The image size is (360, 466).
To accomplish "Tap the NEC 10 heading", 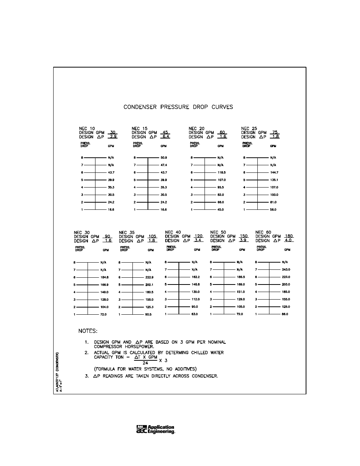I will [87, 129].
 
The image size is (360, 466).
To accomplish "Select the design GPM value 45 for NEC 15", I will [165, 132].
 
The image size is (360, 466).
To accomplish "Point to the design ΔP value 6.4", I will [166, 137].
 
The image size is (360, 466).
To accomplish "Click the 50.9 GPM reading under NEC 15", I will [163, 158].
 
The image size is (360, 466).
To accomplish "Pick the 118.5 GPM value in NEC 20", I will [221, 172].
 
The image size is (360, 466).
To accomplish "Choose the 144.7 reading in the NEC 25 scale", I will [274, 172].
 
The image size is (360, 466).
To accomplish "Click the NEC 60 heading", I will [263, 232].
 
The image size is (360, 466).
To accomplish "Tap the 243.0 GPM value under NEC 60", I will [286, 269].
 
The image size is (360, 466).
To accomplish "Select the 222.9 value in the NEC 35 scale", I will [149, 277].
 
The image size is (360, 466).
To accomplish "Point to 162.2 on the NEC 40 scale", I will [195, 277].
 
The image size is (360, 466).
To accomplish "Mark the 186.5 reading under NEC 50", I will [240, 277].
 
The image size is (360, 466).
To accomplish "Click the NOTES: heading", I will [88, 331].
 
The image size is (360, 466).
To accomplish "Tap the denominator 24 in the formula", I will [145, 363].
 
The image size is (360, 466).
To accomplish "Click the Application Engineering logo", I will [155, 430].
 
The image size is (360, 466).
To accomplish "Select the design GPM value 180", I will [289, 236].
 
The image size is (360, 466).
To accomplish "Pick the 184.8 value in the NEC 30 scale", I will [104, 277].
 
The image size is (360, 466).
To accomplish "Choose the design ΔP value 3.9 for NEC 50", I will [243, 240].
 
